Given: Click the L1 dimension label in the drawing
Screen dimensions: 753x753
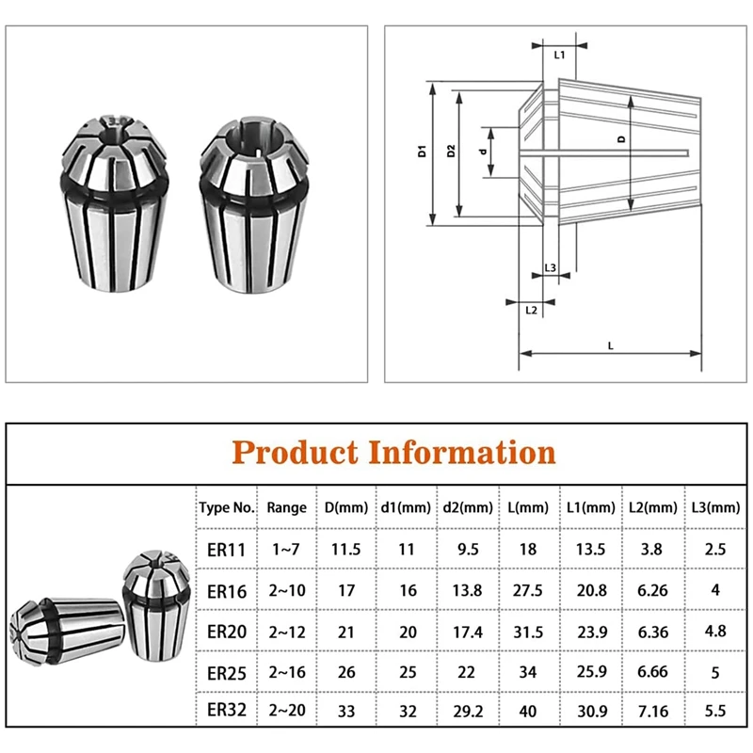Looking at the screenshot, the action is click(559, 56).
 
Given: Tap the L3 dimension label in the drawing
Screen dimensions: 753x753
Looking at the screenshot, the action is click(551, 268).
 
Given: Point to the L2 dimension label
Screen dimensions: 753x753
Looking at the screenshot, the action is click(531, 311).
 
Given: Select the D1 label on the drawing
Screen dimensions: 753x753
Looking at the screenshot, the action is click(422, 151).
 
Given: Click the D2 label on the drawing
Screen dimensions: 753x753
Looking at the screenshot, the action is click(451, 151).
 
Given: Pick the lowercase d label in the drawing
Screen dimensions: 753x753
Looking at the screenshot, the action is click(483, 152).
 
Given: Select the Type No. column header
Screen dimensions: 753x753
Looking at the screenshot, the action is click(227, 507).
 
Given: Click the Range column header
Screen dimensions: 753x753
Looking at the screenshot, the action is click(287, 507).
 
